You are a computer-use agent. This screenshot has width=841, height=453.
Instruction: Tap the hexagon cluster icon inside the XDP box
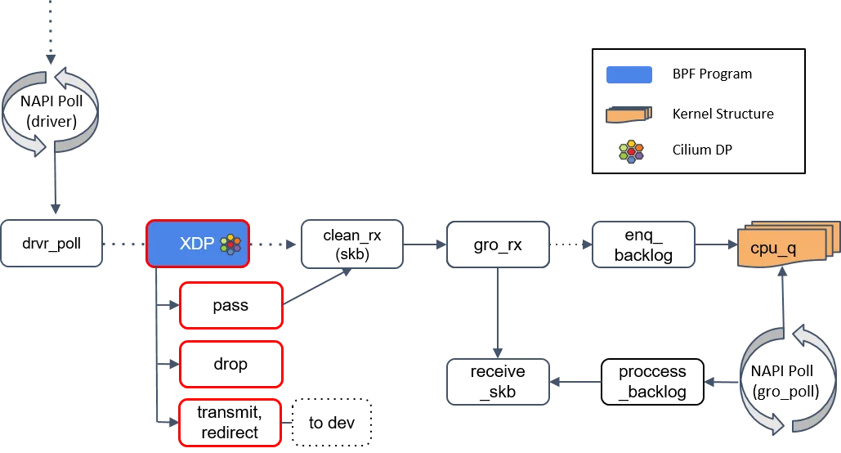point(231,244)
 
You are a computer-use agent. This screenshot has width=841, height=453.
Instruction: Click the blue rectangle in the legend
point(629,75)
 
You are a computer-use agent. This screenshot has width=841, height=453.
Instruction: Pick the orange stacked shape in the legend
point(629,114)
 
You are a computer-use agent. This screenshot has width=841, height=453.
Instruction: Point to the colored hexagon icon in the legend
point(630,152)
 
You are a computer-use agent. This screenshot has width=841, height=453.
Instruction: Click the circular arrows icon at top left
point(51,112)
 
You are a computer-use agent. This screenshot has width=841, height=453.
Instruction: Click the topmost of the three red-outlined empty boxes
point(230,305)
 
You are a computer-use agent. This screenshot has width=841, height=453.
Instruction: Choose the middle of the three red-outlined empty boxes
point(230,364)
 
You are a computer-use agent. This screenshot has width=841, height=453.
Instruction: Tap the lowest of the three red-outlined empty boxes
point(230,422)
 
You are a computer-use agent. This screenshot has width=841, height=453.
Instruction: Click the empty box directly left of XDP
point(51,243)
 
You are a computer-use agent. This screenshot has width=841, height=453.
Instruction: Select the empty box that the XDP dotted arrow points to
point(351,244)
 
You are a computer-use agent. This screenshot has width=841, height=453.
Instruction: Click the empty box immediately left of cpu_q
point(643,244)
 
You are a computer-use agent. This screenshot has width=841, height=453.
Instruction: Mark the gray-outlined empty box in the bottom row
point(498,382)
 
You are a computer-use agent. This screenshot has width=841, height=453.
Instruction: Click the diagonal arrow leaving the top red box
point(317,286)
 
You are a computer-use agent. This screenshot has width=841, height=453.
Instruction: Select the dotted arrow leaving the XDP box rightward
point(275,244)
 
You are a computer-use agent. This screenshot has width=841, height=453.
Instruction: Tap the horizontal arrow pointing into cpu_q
point(716,244)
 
